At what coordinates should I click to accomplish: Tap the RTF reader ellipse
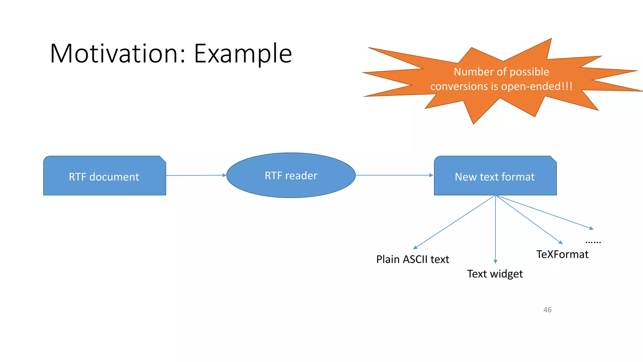tap(291, 189)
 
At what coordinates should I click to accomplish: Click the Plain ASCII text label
tap(413, 260)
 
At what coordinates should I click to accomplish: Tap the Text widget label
tap(495, 274)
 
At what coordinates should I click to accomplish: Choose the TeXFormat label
tap(562, 254)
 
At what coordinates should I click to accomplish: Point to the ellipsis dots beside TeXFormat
tap(593, 242)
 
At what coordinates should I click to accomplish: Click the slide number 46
tap(547, 310)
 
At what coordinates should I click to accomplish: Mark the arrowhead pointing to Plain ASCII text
tap(415, 248)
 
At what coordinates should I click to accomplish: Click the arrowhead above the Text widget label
tap(495, 261)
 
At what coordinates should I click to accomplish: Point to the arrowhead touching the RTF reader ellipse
tap(224, 175)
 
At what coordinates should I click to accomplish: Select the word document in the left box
tap(114, 177)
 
